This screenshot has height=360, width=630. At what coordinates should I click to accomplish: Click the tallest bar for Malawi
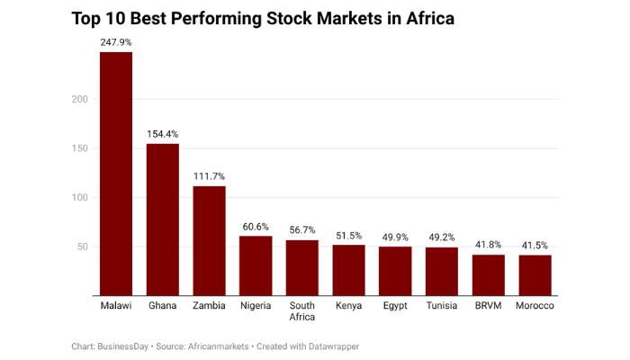[116, 174]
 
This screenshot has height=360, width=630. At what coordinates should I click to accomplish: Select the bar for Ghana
[163, 220]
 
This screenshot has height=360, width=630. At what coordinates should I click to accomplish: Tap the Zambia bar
[210, 240]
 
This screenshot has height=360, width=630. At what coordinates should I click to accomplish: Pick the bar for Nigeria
[256, 265]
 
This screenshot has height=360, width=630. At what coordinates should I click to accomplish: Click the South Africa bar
[302, 267]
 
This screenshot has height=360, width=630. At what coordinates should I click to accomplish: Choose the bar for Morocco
[535, 274]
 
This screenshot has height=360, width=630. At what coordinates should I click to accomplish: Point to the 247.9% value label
[116, 41]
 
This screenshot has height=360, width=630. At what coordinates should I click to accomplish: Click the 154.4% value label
[163, 133]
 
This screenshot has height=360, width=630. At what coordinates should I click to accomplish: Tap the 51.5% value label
[349, 235]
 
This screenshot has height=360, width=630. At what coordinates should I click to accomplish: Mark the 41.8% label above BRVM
[489, 244]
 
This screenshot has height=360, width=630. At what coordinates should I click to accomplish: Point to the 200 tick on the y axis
[80, 99]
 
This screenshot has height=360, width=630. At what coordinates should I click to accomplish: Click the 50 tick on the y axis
[83, 247]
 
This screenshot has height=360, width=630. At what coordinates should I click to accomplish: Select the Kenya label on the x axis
[349, 306]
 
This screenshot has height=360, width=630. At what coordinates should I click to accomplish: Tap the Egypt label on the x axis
[395, 306]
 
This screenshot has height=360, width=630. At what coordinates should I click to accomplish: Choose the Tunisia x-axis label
[442, 306]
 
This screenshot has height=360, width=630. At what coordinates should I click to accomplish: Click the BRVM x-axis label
[489, 306]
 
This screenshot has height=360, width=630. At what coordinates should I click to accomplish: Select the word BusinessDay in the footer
[130, 346]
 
